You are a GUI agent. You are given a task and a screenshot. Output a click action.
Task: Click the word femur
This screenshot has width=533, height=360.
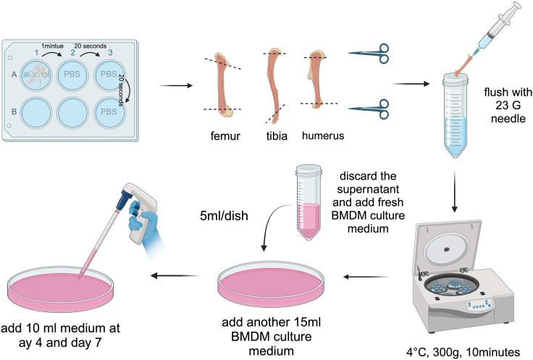click(x=224, y=135)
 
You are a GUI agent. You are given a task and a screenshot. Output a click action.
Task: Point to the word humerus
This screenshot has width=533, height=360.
click(x=319, y=135)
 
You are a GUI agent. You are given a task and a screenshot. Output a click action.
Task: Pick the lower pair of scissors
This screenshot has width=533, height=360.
click(x=369, y=109)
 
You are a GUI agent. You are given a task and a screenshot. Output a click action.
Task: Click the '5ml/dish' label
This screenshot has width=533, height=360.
click(x=226, y=215)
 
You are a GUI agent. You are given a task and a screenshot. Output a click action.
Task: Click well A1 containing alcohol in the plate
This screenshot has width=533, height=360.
click(x=36, y=75)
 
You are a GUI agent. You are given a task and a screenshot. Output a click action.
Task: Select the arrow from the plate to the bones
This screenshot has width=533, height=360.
click(x=172, y=85)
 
